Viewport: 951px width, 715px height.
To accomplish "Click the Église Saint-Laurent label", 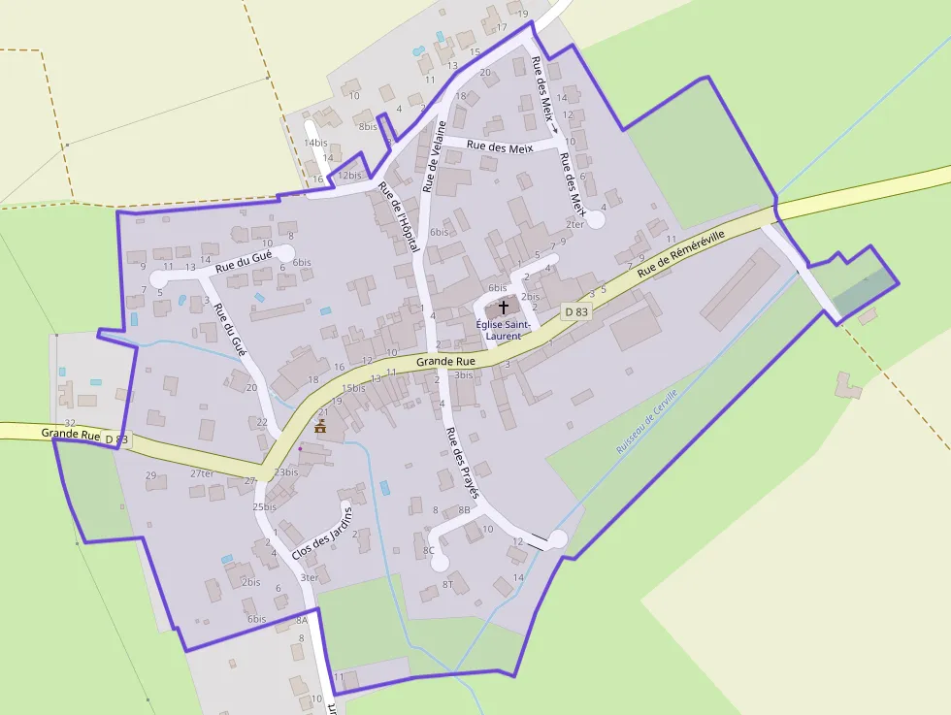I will point(503,330).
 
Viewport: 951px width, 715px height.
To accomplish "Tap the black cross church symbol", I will point(503,307).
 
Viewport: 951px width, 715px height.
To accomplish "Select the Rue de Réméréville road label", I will point(681,255).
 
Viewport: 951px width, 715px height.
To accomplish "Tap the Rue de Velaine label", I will point(434,156).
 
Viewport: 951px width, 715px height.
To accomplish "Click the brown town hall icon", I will point(320,427).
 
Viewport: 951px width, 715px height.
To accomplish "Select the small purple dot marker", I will point(301,448).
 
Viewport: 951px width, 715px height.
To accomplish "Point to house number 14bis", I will point(315,143).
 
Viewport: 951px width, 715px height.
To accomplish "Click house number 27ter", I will point(202,473).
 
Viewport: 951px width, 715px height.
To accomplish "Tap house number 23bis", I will point(285,471).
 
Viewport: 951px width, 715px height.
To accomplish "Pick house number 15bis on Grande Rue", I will point(353,388).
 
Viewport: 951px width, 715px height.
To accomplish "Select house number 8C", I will point(429,550).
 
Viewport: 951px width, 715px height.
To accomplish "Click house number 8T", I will point(447,584).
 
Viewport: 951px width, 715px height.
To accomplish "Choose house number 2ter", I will point(575,224).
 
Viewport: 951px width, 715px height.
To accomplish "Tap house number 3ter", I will point(309,577).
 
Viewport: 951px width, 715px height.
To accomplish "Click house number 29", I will point(150,475).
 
